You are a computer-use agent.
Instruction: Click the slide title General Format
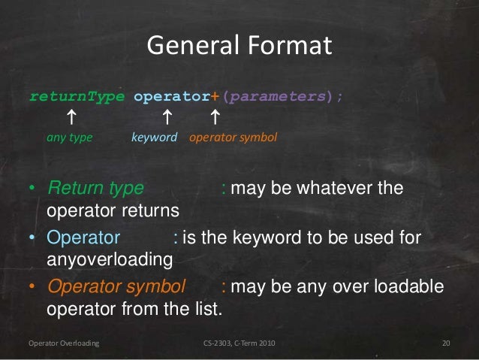239,47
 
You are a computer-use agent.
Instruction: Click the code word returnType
78,97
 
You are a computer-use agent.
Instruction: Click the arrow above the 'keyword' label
167,117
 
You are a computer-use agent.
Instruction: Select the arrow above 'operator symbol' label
215,117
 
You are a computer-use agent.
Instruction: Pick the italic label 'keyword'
155,138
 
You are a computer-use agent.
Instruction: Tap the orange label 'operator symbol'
233,138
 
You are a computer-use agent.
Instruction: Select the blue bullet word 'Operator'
83,239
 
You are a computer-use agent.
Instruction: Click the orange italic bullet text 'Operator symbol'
116,289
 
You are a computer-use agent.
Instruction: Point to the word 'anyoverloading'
110,260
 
